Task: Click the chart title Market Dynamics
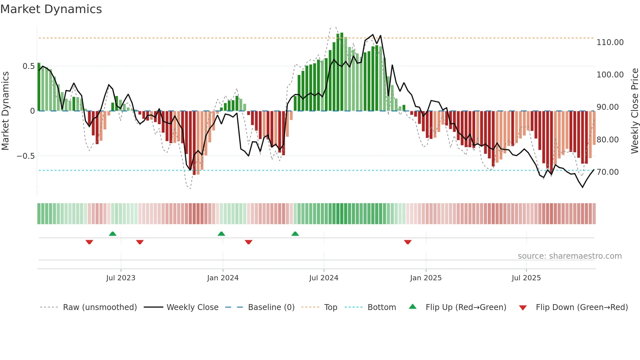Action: [51, 9]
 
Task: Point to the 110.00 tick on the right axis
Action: [610, 42]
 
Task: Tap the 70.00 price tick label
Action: [607, 172]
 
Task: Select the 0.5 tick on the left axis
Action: [28, 66]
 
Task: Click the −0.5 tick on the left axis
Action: [26, 156]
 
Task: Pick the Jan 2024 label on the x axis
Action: [223, 278]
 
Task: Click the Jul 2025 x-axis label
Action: [526, 278]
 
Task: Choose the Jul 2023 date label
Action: [120, 278]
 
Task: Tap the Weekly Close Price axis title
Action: [634, 111]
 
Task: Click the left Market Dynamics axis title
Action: [5, 111]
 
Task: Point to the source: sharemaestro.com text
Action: [569, 256]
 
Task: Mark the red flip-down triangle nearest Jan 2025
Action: [408, 242]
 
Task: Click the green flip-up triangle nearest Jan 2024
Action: [221, 234]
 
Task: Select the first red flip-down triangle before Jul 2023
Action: [89, 242]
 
